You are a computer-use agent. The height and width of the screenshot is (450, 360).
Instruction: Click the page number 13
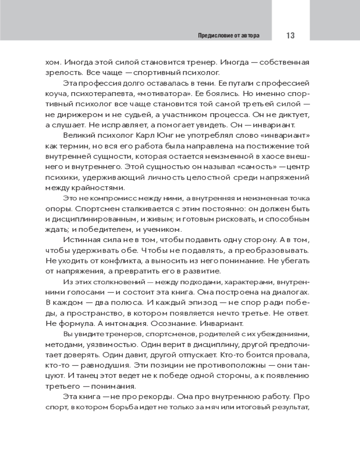[290, 35]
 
